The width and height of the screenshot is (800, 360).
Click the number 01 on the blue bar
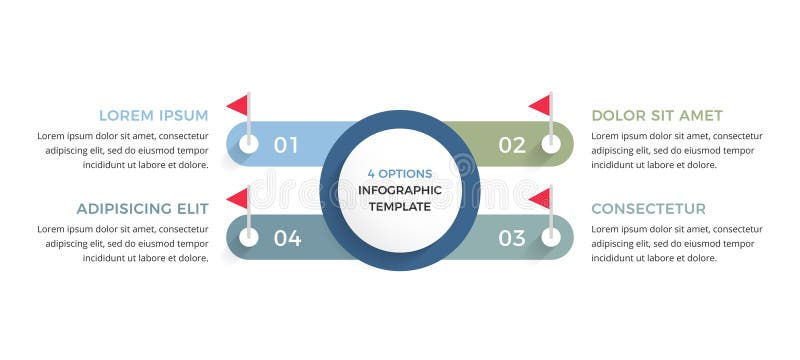[x=286, y=145]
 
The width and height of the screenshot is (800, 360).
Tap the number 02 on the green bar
[x=511, y=145]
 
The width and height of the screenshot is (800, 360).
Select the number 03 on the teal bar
[x=511, y=238]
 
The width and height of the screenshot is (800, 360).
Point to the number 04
[x=287, y=238]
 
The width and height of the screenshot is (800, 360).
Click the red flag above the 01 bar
[x=238, y=105]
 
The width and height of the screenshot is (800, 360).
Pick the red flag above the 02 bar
[x=540, y=105]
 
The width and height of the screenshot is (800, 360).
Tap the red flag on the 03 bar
[x=540, y=198]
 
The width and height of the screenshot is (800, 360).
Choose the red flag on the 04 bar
[x=238, y=198]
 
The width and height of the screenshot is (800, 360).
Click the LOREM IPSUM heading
[x=153, y=115]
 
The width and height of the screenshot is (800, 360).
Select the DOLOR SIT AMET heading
[x=657, y=115]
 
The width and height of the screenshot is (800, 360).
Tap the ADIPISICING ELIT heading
[x=142, y=209]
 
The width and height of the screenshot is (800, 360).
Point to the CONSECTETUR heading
[x=648, y=209]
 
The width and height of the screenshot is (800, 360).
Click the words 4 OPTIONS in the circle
[x=400, y=173]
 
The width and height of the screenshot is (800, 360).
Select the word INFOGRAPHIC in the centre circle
[x=400, y=190]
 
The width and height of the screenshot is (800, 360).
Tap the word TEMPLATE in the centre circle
[x=400, y=207]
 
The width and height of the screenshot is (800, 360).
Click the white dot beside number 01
[x=249, y=144]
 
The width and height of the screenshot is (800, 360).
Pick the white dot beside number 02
[x=551, y=144]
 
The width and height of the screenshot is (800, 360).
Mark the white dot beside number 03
[x=551, y=237]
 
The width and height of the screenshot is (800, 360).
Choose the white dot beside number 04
[x=249, y=237]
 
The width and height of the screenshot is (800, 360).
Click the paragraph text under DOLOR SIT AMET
[x=676, y=150]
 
